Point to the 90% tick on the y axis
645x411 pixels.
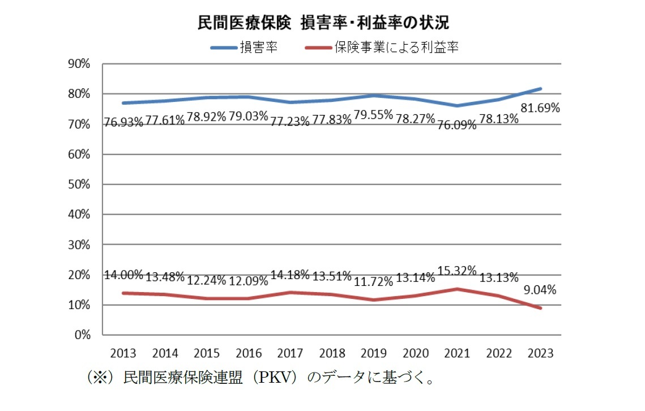[79, 63]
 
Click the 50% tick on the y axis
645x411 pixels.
[79, 185]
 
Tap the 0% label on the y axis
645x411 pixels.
[83, 335]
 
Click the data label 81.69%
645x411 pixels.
[540, 108]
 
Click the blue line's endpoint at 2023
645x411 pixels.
[541, 89]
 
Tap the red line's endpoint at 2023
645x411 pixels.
[541, 308]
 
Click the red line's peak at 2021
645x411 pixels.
[458, 289]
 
